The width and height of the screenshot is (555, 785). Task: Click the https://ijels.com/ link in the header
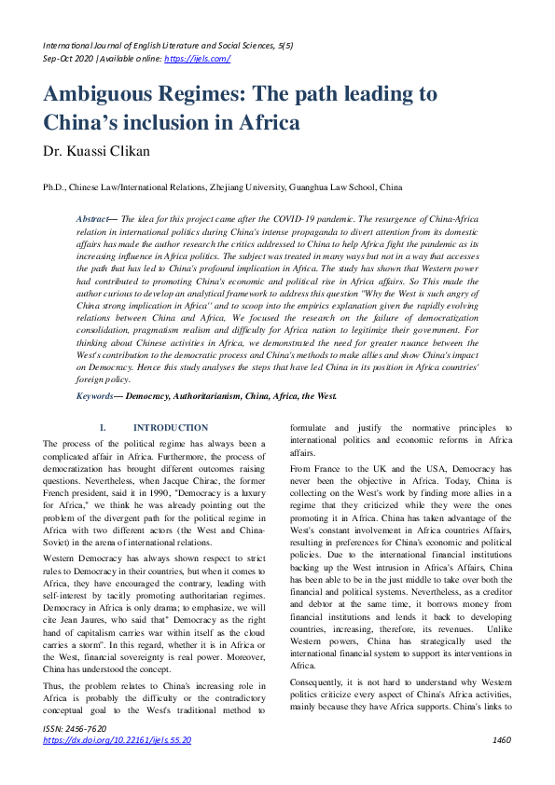[197, 59]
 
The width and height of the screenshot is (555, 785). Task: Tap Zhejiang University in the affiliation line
[255, 186]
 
